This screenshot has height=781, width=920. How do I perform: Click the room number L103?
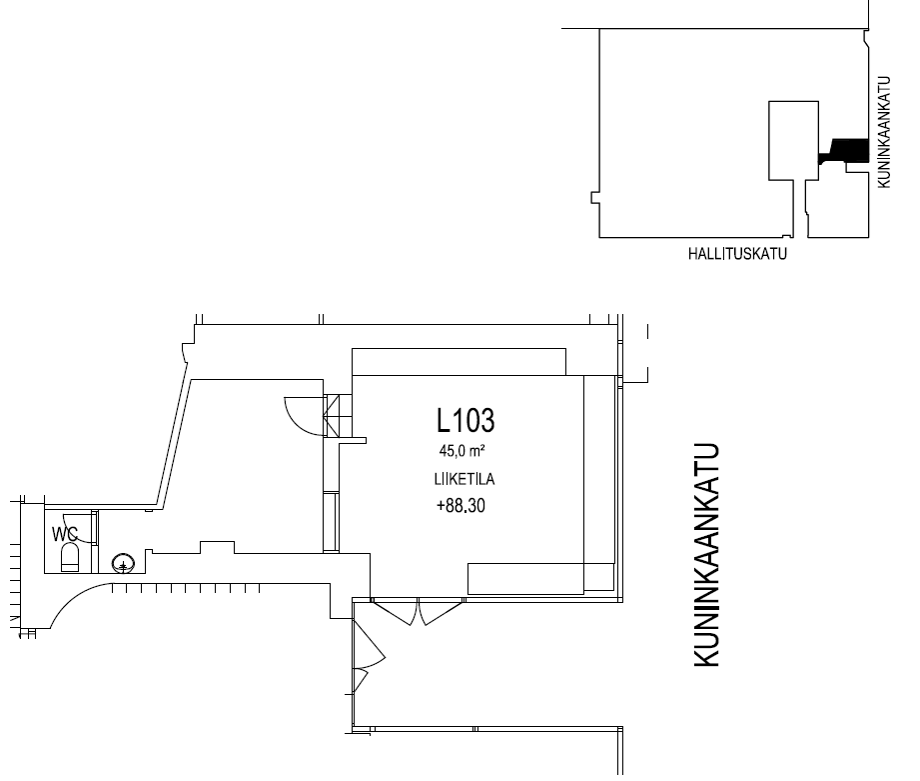[465, 420]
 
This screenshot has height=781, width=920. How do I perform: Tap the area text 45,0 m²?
[461, 451]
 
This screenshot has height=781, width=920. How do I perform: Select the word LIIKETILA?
[464, 479]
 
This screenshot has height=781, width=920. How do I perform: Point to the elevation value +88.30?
[461, 506]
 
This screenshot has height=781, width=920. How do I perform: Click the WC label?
[65, 534]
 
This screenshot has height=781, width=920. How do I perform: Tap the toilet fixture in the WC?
[70, 557]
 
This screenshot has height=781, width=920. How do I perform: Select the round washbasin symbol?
[123, 563]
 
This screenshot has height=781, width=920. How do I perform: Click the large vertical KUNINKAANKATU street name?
[707, 555]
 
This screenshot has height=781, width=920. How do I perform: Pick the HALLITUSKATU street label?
[737, 254]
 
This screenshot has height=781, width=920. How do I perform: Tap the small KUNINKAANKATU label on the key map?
[884, 132]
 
